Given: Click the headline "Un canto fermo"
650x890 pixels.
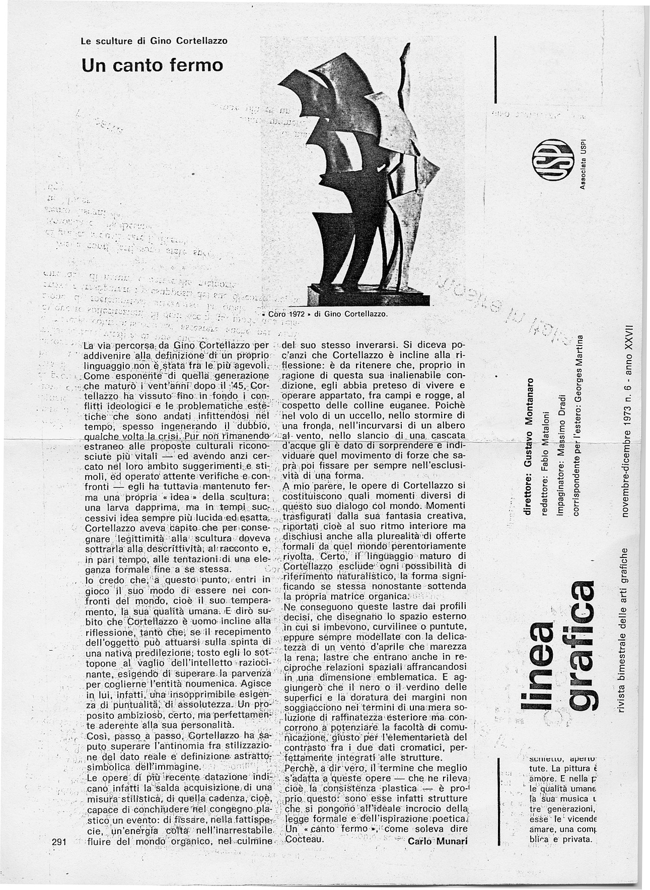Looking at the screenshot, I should (x=152, y=65).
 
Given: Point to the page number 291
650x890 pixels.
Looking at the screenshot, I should (x=59, y=842).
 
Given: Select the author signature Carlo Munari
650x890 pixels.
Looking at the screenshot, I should (x=437, y=841).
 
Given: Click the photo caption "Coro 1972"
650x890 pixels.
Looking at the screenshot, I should (x=286, y=314).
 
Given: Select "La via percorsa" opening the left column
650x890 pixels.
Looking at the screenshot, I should (x=114, y=346).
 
